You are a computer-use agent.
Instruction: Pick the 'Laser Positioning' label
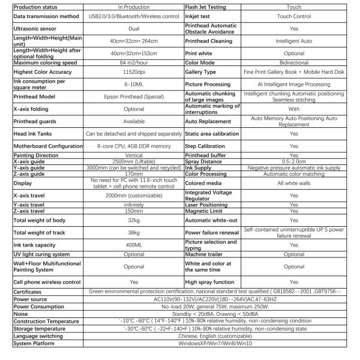point(207,204)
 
